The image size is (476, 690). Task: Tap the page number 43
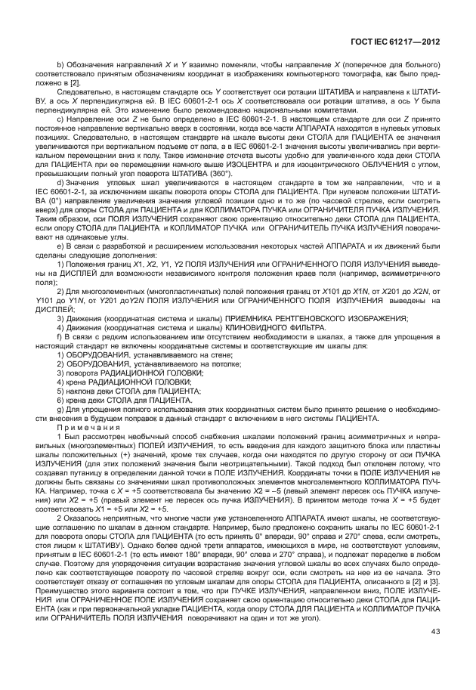pos(435,654)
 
